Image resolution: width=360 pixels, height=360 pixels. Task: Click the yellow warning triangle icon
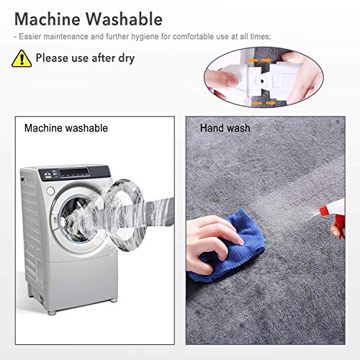point(22,58)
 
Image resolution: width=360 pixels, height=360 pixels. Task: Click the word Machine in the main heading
point(48,19)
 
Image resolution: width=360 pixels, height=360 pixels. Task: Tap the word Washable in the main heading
point(125,19)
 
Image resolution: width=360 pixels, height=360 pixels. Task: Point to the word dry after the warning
point(126,58)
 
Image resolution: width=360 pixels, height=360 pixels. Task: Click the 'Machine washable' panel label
point(66,128)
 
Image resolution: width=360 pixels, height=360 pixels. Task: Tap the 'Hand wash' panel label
point(225,128)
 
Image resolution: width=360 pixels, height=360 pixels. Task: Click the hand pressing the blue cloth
point(211,243)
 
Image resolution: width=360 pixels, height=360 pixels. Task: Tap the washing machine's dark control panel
point(75,173)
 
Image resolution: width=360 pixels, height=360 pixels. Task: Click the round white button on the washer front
point(50,191)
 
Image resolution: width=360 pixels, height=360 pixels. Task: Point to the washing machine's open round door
point(125,215)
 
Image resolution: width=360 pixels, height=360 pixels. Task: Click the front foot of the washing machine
point(52,312)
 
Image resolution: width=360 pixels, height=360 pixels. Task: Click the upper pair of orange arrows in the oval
point(260,60)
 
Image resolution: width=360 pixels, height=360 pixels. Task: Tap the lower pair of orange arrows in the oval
point(264,103)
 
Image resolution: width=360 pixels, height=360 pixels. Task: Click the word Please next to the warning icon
point(52,58)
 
